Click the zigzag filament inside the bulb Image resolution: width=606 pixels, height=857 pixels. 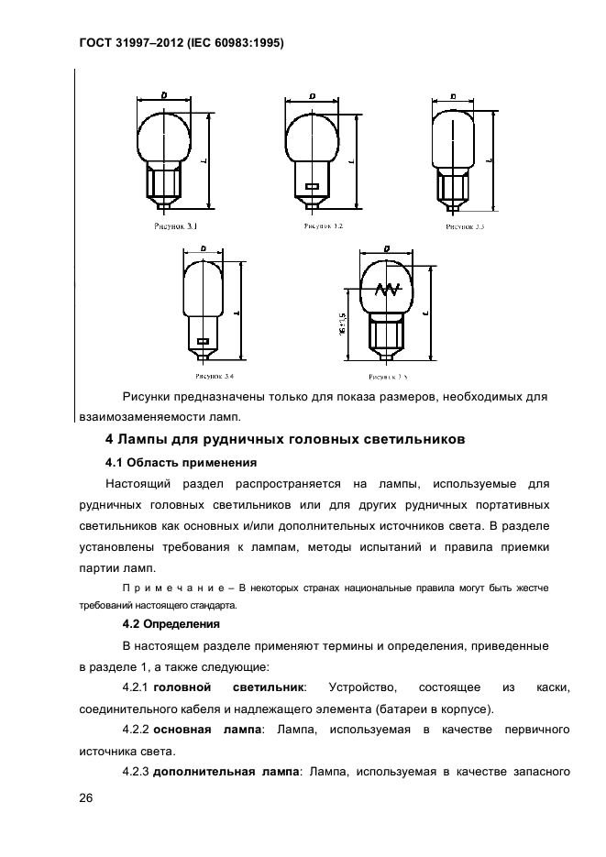(x=386, y=290)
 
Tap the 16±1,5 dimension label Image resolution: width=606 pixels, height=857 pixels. (x=342, y=321)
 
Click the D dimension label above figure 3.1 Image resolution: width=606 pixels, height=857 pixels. (x=163, y=94)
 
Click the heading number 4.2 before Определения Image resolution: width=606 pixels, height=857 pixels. (x=134, y=624)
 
